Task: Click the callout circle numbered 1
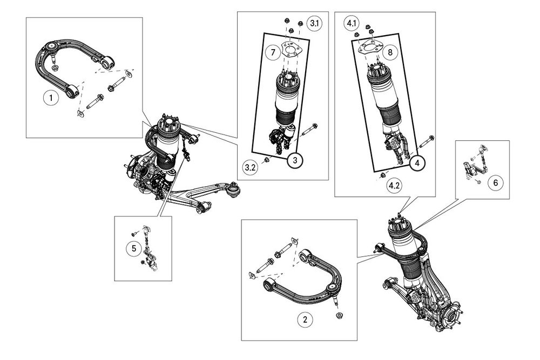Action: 51,98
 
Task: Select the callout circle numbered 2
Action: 305,320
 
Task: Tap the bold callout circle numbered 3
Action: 295,160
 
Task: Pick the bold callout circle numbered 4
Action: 417,163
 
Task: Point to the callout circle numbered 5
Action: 133,248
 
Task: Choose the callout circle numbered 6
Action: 496,182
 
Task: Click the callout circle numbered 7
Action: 273,53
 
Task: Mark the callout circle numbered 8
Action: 390,52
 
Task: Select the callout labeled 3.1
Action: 314,23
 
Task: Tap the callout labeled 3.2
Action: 251,168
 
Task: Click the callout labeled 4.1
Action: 352,23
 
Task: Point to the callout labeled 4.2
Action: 394,186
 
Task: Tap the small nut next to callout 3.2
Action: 267,160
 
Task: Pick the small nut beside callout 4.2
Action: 382,176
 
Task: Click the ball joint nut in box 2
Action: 340,315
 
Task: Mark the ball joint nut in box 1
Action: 55,67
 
